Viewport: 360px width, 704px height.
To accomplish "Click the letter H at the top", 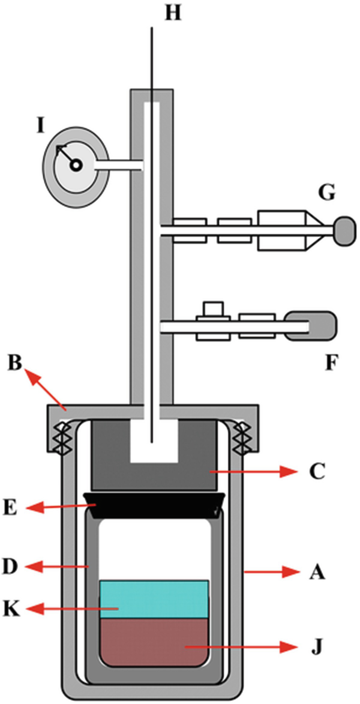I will tap(173, 13).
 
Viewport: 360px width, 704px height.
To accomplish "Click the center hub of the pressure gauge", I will tap(75, 166).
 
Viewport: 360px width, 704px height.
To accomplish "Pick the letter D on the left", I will tap(16, 567).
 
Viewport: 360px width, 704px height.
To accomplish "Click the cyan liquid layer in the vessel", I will tap(154, 599).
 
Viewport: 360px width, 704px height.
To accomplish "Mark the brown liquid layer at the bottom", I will tap(154, 643).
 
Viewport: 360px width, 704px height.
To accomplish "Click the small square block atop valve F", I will tap(213, 310).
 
